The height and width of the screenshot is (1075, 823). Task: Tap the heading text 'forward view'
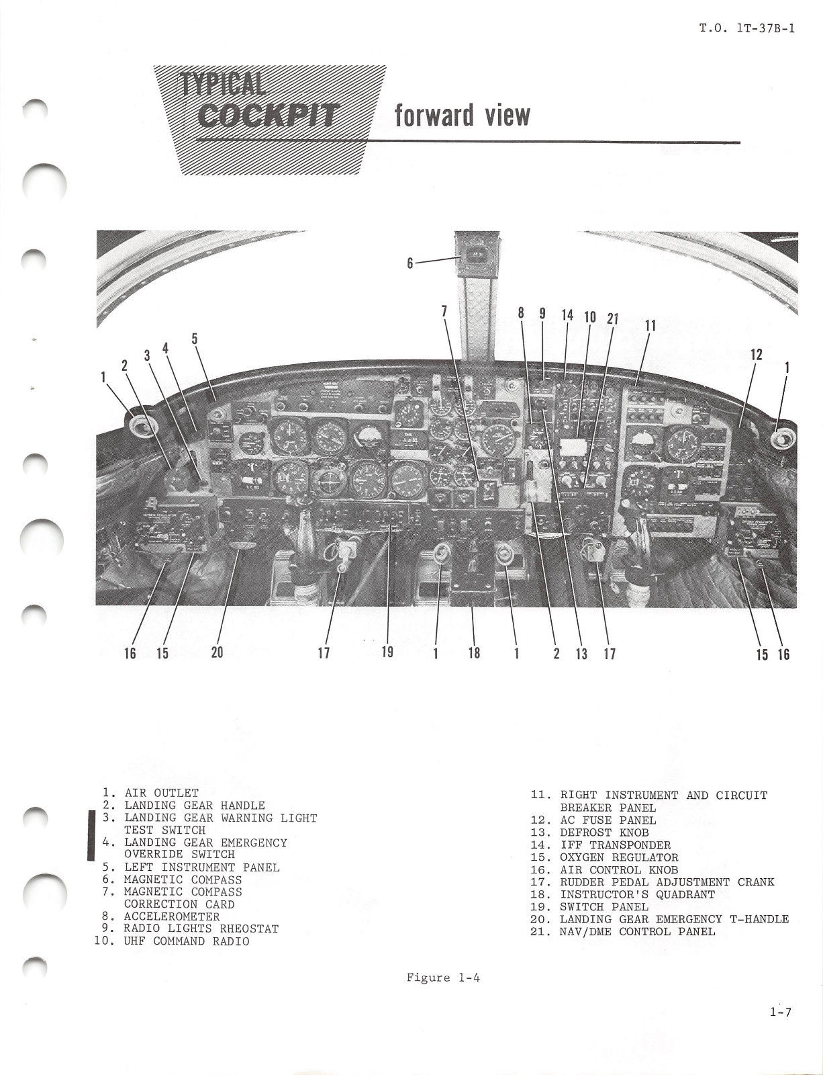[462, 116]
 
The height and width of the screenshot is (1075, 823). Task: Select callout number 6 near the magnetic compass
[410, 263]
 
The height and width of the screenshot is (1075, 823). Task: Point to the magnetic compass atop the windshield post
[476, 254]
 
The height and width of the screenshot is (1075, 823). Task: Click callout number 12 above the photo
[756, 354]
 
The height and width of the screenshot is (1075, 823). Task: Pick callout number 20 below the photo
[217, 652]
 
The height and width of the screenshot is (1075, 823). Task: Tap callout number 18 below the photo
[475, 652]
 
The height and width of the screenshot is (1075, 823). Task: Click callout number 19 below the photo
[387, 652]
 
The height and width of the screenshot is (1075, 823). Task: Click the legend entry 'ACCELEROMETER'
[171, 916]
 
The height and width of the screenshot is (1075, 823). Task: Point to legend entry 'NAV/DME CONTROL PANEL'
[637, 931]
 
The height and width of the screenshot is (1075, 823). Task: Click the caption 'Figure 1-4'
[443, 978]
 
